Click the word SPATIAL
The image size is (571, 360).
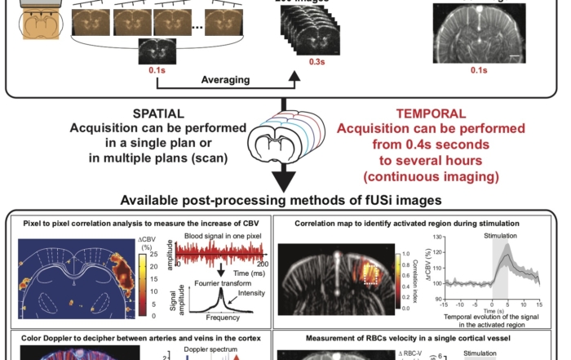point(158,113)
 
